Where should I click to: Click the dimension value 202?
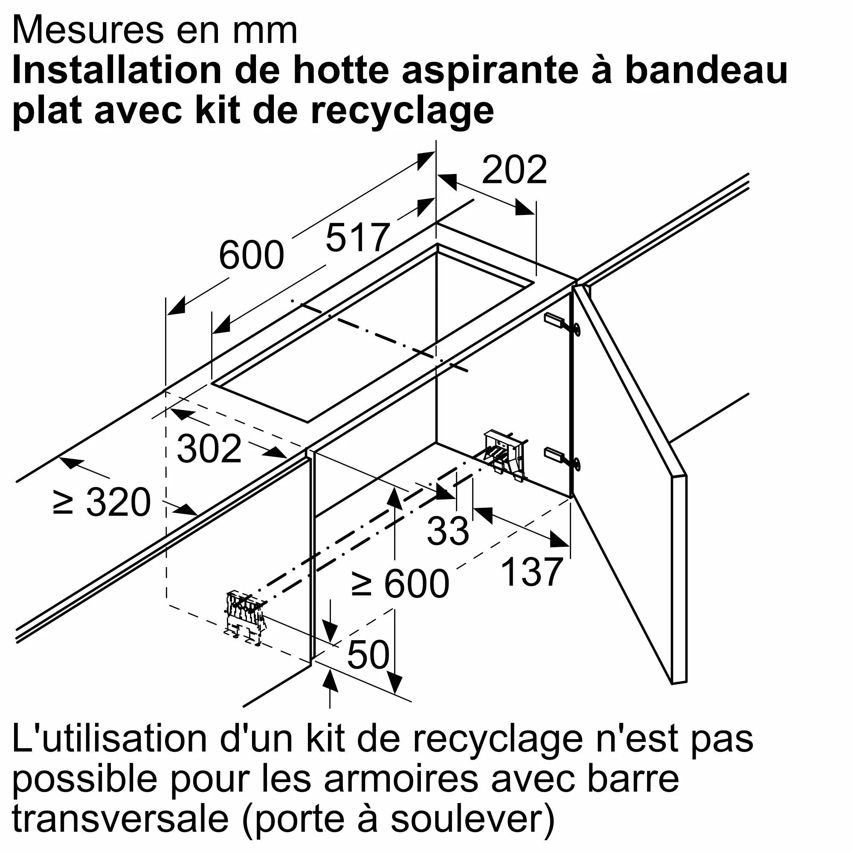pos(514,170)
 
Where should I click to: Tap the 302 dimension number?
pos(209,448)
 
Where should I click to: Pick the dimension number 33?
pos(448,530)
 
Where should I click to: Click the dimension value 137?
pos(531,572)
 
